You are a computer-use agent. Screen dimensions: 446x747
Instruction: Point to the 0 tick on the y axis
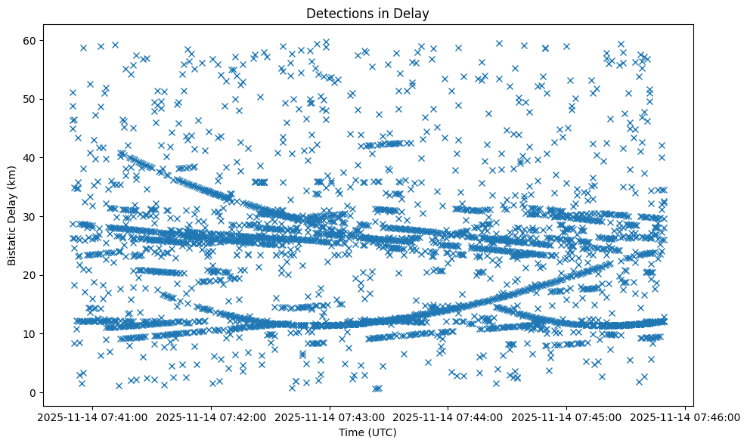[x=33, y=392]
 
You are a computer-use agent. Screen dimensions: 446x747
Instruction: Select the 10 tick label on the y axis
[x=29, y=333]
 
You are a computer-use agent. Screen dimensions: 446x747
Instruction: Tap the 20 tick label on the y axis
[x=29, y=275]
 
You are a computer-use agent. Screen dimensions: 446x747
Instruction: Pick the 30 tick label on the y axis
[x=29, y=216]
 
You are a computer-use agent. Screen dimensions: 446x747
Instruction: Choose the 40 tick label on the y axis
[x=29, y=157]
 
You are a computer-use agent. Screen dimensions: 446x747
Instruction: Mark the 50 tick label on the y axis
[x=29, y=99]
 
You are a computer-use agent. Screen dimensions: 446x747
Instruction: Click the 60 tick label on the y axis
[x=29, y=40]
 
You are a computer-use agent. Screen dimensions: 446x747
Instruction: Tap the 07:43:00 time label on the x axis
[x=330, y=417]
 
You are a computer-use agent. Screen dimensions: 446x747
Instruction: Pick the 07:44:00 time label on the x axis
[x=448, y=417]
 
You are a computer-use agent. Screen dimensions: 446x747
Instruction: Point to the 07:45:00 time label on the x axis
[x=567, y=417]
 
